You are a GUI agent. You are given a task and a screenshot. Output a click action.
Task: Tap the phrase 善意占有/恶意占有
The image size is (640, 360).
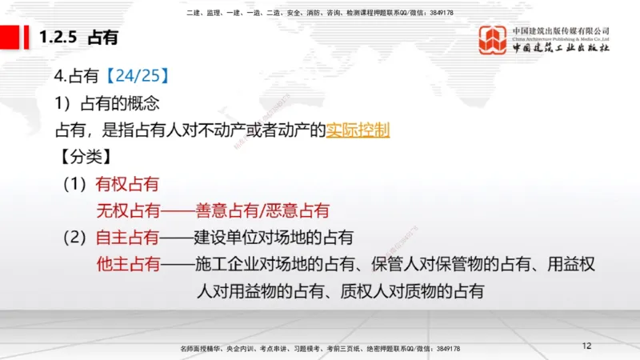(x=262, y=210)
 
